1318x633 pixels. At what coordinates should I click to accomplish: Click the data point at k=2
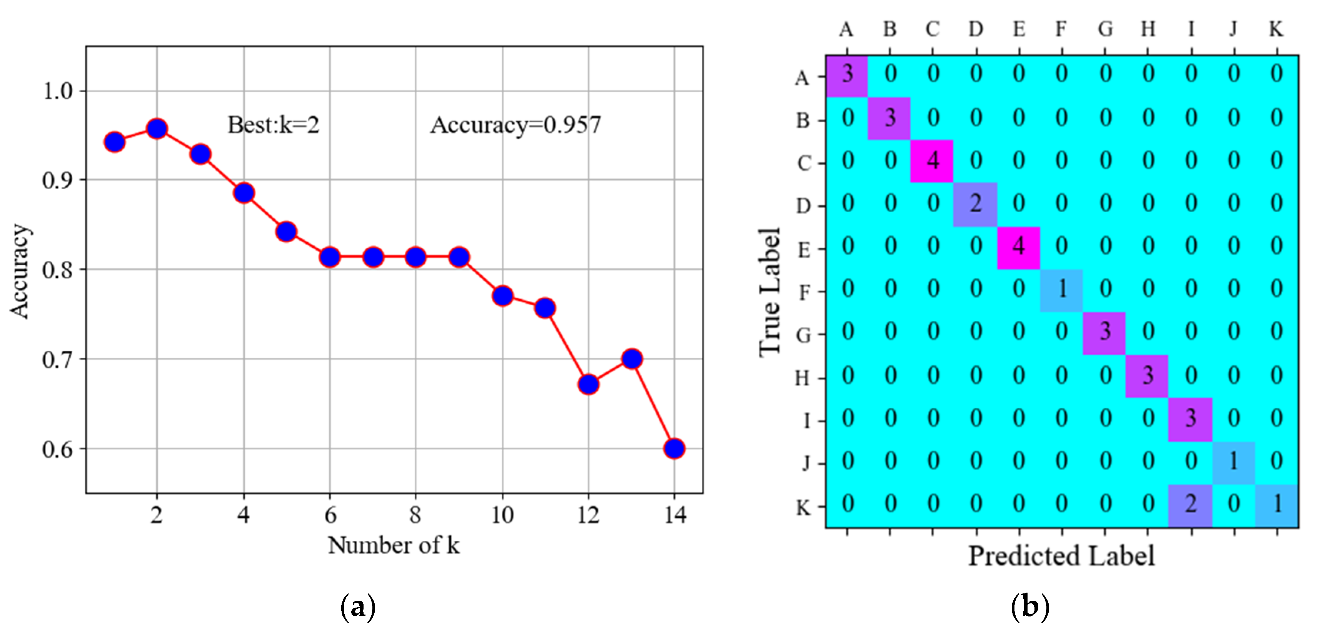[x=157, y=128]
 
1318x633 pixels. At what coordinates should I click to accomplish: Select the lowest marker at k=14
[x=674, y=448]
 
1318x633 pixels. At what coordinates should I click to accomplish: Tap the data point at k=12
[x=588, y=384]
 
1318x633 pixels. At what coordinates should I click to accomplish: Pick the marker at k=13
[x=632, y=359]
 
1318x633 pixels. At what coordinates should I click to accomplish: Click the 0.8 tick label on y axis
[x=57, y=270]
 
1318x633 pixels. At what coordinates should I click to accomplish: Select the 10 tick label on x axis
[x=502, y=515]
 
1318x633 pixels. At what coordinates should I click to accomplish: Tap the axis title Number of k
[x=394, y=545]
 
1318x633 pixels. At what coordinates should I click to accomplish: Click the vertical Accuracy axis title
[x=20, y=271]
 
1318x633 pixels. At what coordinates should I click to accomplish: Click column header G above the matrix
[x=1105, y=29]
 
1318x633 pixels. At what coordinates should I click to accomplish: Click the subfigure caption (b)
[x=1029, y=607]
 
